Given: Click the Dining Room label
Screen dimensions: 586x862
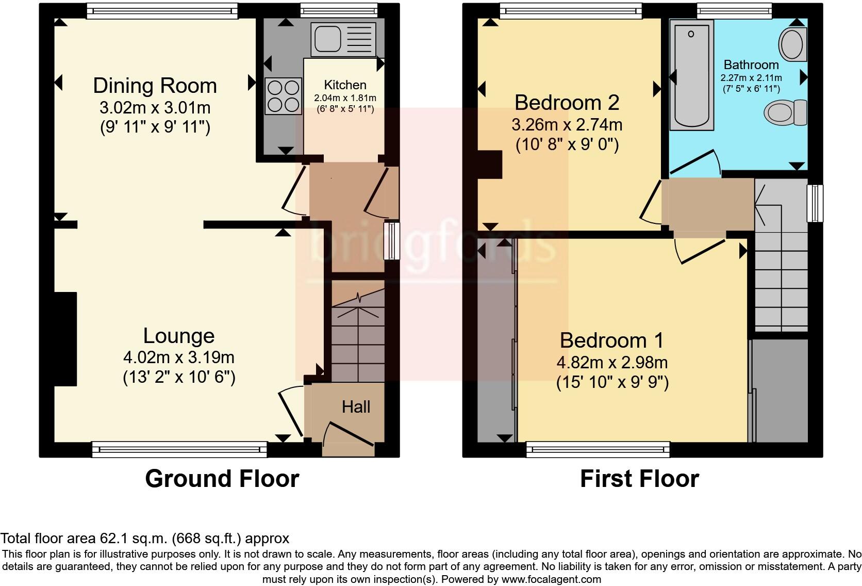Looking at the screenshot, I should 155,86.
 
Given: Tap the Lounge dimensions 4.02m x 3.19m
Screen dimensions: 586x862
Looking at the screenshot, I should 178,357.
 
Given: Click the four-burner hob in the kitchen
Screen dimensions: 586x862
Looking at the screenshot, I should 283,95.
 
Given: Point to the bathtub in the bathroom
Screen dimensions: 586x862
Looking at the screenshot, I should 691,75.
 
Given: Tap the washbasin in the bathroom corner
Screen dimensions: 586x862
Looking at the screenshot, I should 792,44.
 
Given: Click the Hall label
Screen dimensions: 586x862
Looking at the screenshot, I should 356,407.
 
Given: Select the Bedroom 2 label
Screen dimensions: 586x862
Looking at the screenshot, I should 567,103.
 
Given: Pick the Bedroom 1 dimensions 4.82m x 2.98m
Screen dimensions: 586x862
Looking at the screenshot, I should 612,362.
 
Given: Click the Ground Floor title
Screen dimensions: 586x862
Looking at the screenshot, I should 222,478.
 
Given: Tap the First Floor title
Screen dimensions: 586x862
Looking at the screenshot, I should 639,478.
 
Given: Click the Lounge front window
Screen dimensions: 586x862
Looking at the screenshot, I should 179,449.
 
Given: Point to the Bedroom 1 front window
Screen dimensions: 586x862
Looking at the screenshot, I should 598,449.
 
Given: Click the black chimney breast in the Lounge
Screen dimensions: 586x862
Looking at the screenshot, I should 65,339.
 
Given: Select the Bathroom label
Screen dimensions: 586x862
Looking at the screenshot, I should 751,65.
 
